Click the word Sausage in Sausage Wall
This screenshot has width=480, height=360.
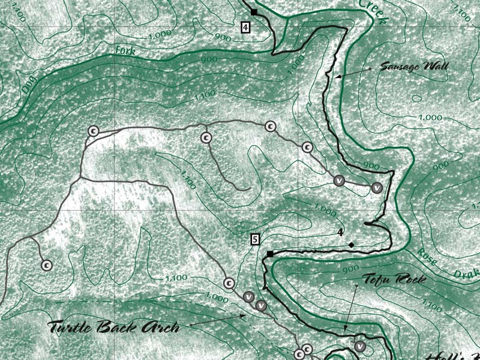click(x=398, y=67)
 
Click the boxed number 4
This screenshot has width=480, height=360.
click(x=246, y=26)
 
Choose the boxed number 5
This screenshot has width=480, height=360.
click(x=255, y=239)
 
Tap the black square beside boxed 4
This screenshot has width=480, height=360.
click(x=254, y=12)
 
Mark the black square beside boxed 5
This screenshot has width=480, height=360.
click(x=270, y=254)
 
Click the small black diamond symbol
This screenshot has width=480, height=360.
click(x=351, y=244)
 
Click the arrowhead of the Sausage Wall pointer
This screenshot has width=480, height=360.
click(x=337, y=77)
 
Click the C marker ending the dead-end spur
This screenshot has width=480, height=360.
click(x=46, y=264)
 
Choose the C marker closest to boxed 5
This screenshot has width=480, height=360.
click(x=228, y=283)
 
